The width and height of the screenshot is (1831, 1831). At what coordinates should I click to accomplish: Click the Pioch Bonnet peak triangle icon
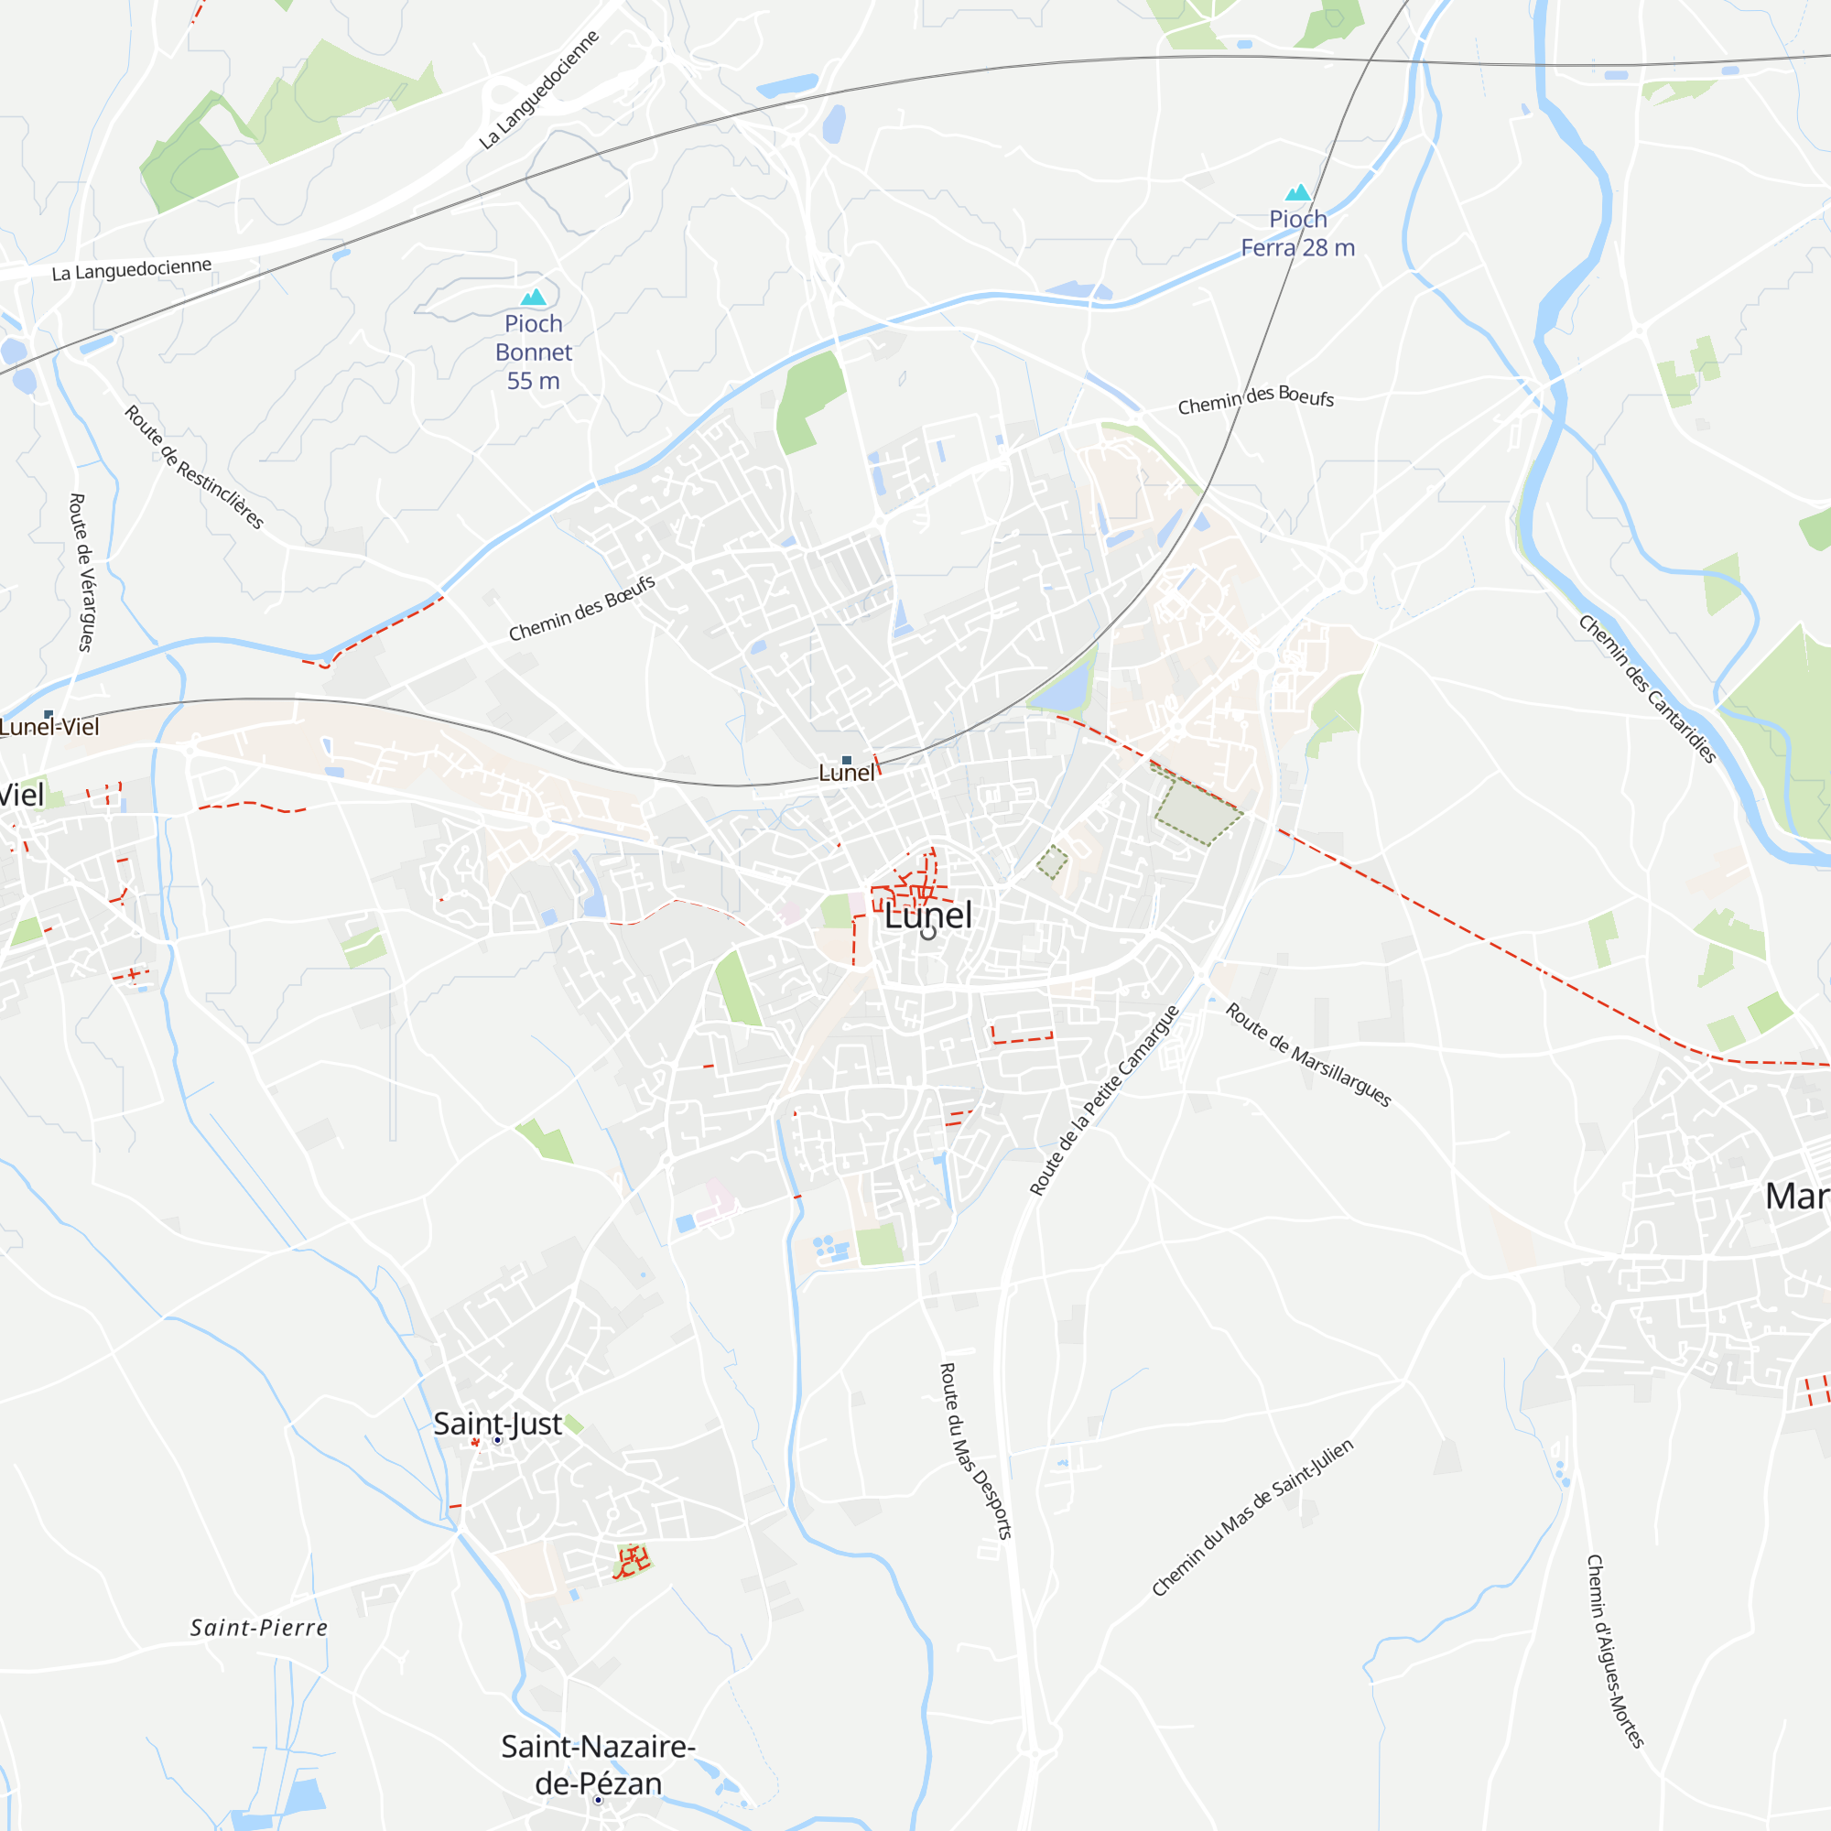(x=534, y=298)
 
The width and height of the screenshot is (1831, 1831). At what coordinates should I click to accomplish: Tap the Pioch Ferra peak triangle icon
(x=1298, y=193)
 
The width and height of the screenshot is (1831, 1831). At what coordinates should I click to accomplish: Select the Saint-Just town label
(x=497, y=1424)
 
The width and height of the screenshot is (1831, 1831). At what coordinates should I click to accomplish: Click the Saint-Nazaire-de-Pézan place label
(x=598, y=1765)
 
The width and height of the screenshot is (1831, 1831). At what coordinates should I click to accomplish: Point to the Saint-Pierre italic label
(x=259, y=1628)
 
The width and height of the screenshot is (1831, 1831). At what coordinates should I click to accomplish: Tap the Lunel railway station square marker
(x=846, y=760)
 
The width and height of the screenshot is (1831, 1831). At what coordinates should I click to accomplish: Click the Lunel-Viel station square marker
(x=49, y=715)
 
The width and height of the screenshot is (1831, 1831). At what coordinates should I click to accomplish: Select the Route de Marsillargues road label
(x=1308, y=1055)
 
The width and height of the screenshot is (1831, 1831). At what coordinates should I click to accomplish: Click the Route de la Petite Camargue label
(x=1104, y=1100)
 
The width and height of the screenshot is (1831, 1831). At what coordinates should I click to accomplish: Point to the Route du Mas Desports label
(x=975, y=1451)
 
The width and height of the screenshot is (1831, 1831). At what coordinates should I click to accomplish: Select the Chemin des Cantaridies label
(x=1647, y=689)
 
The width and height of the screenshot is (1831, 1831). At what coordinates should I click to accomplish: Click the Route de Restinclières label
(x=194, y=467)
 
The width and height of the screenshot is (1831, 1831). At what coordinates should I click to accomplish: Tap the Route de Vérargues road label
(x=82, y=572)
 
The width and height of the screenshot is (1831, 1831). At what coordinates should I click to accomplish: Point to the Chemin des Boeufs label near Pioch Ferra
(x=1256, y=400)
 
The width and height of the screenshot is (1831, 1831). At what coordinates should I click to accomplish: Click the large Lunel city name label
(x=927, y=915)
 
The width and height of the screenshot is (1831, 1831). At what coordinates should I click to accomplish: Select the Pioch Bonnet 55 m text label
(x=534, y=352)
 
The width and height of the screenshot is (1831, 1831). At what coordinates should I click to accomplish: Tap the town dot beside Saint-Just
(x=497, y=1440)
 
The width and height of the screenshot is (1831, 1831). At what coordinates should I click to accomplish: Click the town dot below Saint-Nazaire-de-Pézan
(x=598, y=1800)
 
